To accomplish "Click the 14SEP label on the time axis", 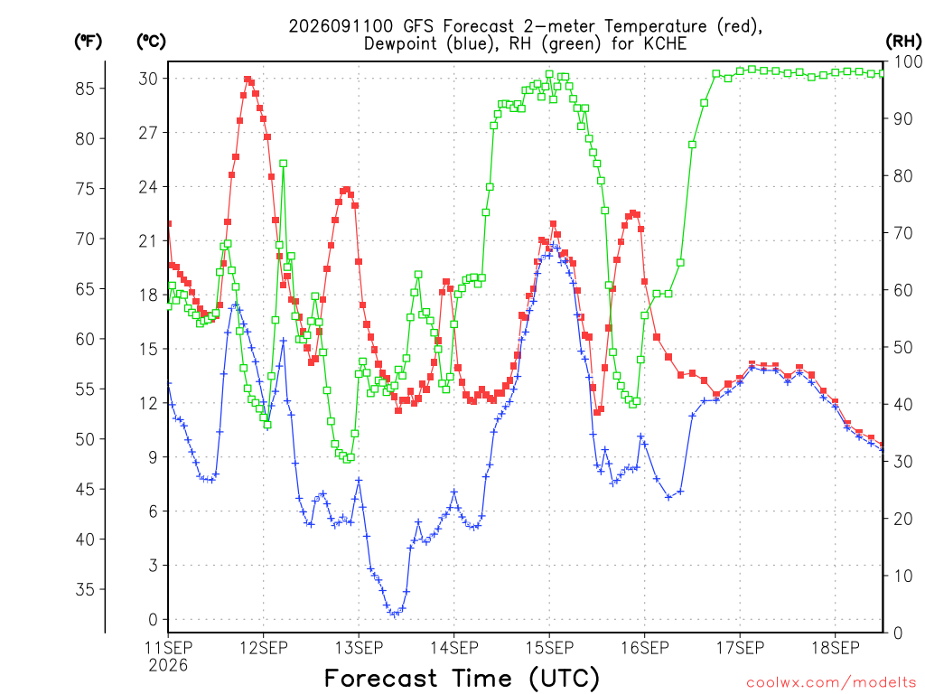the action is tap(453, 648).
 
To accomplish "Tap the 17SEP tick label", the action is tap(740, 648).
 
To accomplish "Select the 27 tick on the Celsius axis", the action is tap(149, 133).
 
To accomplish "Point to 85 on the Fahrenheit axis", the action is tap(85, 89).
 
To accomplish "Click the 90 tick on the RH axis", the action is tap(902, 118).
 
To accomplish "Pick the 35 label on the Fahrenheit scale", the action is tap(85, 589).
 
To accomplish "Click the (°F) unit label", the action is tap(88, 42).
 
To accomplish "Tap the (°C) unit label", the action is tap(151, 42).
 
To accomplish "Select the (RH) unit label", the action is tap(903, 42).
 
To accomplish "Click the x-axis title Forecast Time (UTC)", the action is tap(462, 678).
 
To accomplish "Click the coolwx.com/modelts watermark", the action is tap(831, 683).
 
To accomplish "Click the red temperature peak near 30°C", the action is tap(248, 80).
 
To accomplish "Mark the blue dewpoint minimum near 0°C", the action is tap(395, 614).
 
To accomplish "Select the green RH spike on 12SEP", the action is tap(283, 164).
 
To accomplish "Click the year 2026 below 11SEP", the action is tap(168, 666).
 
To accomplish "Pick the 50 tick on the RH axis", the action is tap(902, 348).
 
